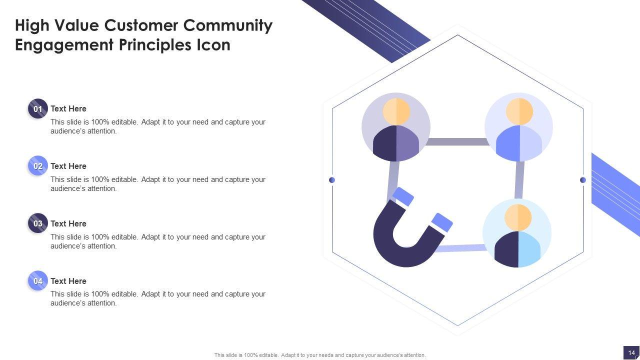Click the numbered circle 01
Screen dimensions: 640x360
pyautogui.click(x=38, y=108)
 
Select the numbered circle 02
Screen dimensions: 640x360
pyautogui.click(x=38, y=166)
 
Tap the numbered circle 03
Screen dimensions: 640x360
pyautogui.click(x=38, y=223)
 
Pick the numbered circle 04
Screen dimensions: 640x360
pyautogui.click(x=38, y=281)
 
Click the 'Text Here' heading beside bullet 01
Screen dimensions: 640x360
pyautogui.click(x=68, y=108)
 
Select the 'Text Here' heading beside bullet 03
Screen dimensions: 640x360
pyautogui.click(x=68, y=223)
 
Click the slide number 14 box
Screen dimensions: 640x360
pyautogui.click(x=631, y=352)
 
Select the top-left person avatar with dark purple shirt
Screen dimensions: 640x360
pyautogui.click(x=396, y=127)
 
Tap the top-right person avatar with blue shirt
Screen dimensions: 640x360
pyautogui.click(x=519, y=127)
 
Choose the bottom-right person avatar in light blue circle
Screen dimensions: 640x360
pyautogui.click(x=517, y=233)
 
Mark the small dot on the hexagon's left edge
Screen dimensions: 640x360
pyautogui.click(x=332, y=180)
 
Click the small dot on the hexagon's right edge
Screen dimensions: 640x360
pyautogui.click(x=583, y=180)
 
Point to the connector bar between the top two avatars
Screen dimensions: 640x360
pyautogui.click(x=457, y=142)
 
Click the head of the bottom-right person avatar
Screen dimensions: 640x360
pyautogui.click(x=518, y=217)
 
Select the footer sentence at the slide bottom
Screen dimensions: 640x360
pyautogui.click(x=320, y=355)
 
